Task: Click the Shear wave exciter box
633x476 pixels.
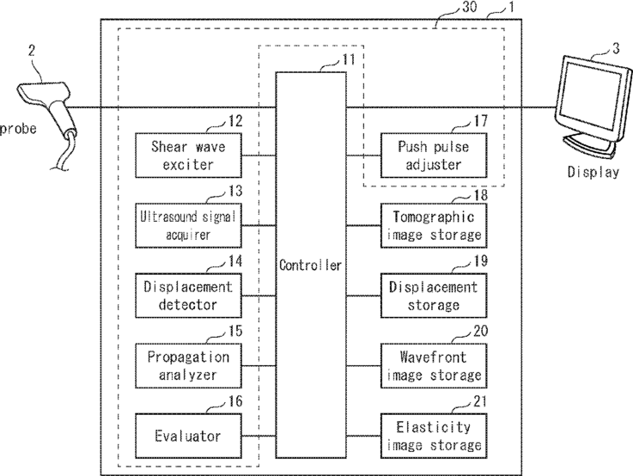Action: [188, 156]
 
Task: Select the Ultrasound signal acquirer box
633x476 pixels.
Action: [188, 226]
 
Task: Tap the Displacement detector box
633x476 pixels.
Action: [188, 296]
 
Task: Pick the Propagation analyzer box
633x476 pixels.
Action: [188, 366]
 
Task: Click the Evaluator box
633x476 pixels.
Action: [188, 436]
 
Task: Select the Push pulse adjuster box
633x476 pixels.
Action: [434, 156]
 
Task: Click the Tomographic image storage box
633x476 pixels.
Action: [434, 226]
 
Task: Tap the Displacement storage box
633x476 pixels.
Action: [434, 296]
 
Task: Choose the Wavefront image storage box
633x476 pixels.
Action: [434, 366]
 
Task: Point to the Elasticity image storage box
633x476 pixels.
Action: [434, 436]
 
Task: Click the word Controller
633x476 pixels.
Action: [310, 265]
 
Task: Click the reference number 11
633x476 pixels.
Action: [349, 60]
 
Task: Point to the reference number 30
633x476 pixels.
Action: [469, 7]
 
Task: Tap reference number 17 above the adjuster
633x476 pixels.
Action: [480, 120]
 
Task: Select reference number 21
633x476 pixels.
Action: [480, 401]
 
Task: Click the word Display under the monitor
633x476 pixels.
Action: [593, 172]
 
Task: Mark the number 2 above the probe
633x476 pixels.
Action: [32, 51]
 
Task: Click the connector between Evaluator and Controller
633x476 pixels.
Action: [259, 436]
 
